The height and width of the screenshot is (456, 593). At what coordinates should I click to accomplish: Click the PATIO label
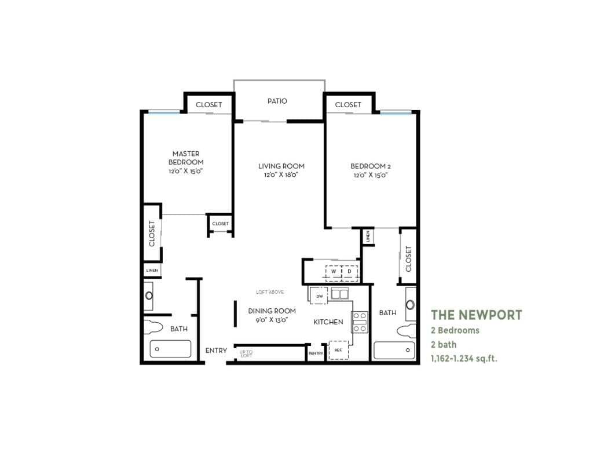(x=277, y=101)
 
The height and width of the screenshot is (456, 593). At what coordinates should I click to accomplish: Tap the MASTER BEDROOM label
(x=186, y=158)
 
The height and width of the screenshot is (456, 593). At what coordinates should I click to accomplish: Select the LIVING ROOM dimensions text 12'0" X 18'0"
(x=281, y=176)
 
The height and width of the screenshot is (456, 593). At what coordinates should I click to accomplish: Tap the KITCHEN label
(x=328, y=322)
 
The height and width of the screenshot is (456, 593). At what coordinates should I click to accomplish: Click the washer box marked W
(x=334, y=271)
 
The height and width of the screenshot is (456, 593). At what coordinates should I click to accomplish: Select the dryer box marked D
(x=350, y=271)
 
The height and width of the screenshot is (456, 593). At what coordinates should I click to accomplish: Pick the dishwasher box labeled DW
(x=319, y=296)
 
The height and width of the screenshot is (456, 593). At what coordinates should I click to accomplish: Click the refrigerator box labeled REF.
(x=338, y=350)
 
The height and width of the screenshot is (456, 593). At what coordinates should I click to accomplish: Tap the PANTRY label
(x=316, y=353)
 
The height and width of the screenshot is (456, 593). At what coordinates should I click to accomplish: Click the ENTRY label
(x=216, y=351)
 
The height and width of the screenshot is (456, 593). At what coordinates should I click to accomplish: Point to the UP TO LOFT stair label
(x=246, y=352)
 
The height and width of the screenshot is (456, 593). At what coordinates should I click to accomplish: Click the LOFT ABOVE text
(x=270, y=292)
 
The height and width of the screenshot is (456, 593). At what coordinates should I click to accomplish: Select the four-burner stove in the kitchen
(x=360, y=322)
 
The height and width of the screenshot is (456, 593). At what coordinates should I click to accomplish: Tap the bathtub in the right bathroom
(x=394, y=350)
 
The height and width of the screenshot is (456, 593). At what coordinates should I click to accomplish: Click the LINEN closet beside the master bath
(x=152, y=270)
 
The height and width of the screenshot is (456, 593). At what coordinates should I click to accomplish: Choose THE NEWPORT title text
(x=476, y=315)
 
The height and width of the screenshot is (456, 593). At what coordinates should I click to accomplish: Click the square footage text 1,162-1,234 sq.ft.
(x=464, y=358)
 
